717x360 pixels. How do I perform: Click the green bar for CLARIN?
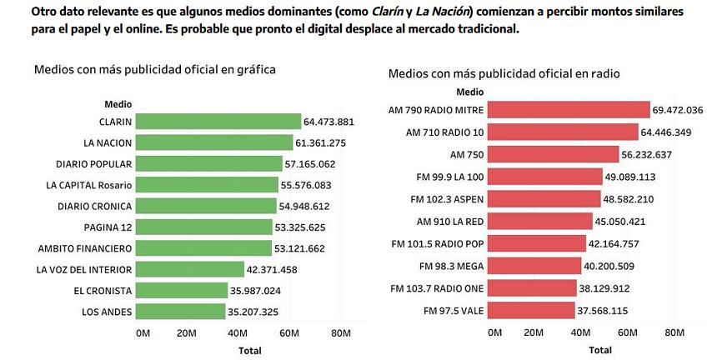click(218, 122)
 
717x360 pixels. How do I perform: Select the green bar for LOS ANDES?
click(181, 312)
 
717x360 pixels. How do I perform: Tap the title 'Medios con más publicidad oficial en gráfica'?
click(155, 69)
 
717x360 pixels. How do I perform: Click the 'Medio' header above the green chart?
click(118, 104)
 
